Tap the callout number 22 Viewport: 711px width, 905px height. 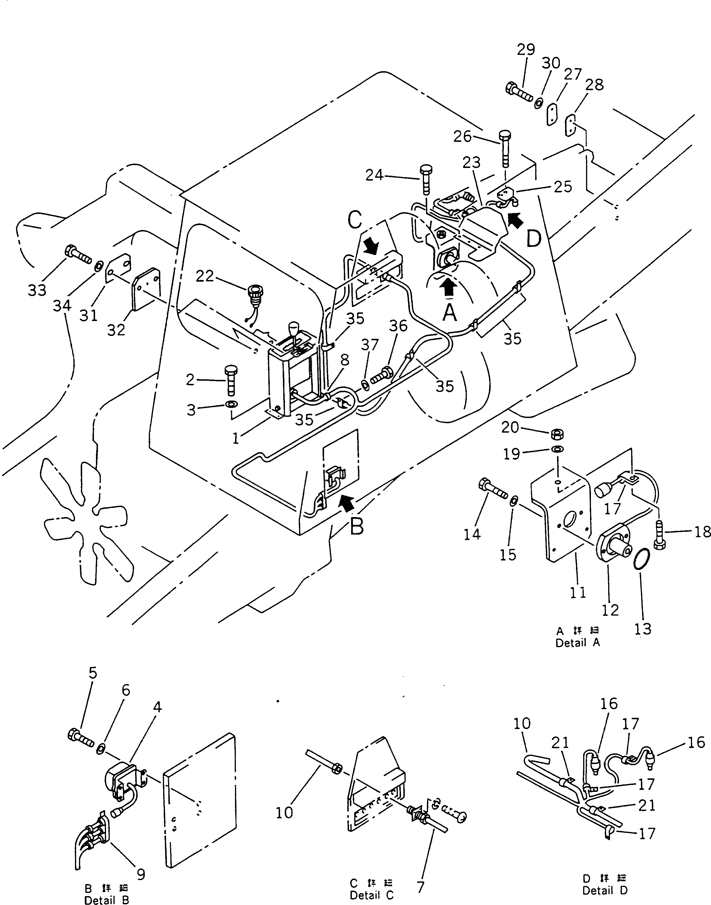tap(205, 276)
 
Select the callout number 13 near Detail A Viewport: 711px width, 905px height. tap(642, 628)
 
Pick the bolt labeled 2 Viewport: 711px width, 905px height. tap(230, 380)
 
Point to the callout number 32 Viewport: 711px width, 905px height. tap(116, 330)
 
